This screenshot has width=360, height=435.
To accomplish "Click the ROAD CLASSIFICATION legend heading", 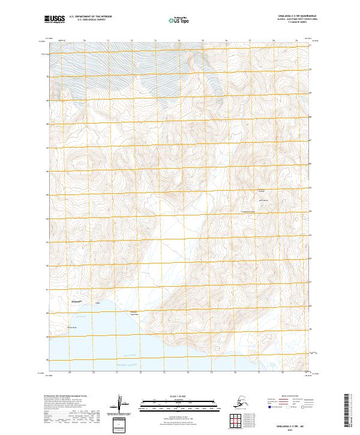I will pyautogui.click(x=289, y=397).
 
